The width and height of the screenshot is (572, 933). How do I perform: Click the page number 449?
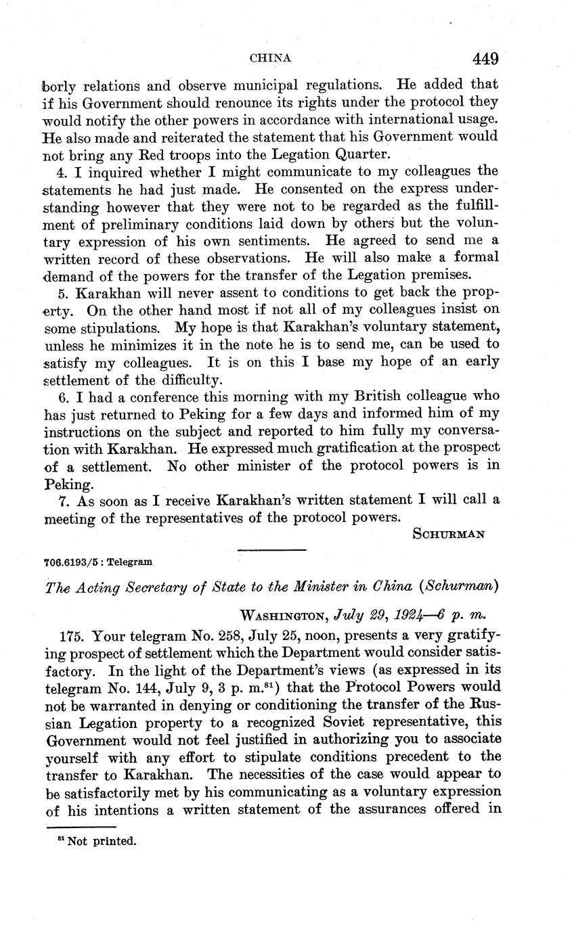[485, 59]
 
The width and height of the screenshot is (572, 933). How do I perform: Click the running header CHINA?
[271, 58]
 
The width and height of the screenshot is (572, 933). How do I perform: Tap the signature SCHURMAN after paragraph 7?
[448, 534]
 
